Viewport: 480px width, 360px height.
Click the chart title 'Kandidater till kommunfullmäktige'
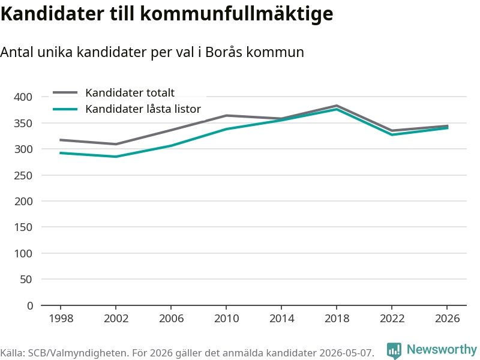(167, 14)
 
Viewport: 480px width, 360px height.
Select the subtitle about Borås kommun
(152, 52)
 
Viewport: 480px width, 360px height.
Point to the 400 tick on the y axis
(23, 97)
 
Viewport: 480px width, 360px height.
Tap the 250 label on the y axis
(23, 175)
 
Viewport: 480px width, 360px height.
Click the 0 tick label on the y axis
(29, 305)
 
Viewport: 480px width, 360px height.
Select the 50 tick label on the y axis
(26, 279)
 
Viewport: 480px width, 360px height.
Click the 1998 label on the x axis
(61, 319)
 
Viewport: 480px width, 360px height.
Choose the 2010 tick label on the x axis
(227, 319)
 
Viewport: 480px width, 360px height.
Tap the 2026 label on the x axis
(447, 319)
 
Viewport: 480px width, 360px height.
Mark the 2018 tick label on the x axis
(337, 319)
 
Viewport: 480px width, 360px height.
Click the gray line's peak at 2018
(337, 106)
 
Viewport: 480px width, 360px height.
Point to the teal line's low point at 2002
(116, 157)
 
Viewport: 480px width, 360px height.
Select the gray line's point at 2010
(226, 115)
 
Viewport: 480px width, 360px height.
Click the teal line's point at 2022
(392, 134)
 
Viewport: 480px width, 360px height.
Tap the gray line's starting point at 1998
(61, 140)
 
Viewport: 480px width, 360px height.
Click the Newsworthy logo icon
(394, 350)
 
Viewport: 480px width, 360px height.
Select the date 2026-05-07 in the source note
(347, 353)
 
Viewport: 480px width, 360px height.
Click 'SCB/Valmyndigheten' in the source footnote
(78, 353)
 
